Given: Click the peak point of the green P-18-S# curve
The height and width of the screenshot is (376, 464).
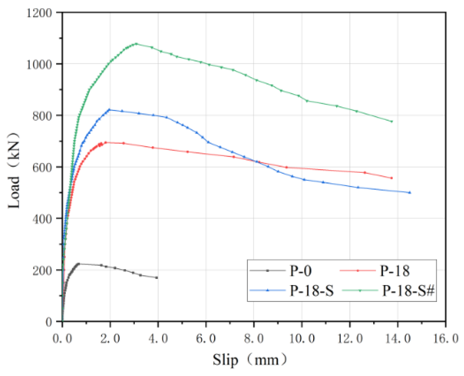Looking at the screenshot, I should coord(136,44).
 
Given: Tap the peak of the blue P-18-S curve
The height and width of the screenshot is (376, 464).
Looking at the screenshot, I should coord(109,110).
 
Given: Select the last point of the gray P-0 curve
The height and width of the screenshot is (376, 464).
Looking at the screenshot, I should coord(157,278).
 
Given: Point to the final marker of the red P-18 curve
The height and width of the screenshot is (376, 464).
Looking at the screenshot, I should coord(391,178).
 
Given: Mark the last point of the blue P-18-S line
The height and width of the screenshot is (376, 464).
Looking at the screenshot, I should coord(410,192).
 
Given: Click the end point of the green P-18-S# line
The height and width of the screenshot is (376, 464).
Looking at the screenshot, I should coord(391,121).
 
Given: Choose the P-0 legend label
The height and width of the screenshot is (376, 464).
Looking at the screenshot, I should coord(300,271).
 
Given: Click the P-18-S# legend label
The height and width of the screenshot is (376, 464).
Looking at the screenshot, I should coord(408,291).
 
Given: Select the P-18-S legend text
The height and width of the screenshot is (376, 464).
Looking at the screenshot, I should coord(311,291).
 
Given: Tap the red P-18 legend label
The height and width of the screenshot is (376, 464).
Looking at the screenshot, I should coord(395,271).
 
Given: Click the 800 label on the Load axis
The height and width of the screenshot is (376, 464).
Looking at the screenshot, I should coord(42,116).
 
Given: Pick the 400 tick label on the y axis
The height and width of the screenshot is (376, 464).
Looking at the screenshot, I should coord(42,219).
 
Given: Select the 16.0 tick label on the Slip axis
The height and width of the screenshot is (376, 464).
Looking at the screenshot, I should coord(446,339).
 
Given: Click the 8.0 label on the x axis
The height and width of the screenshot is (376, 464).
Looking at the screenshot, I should coord(254,339).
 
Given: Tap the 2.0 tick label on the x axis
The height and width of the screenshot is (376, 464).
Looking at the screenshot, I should coord(110,339).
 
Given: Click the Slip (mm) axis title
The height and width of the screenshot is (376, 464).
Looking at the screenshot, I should coord(250,360).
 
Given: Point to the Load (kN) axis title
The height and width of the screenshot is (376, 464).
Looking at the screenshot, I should coord(14,171).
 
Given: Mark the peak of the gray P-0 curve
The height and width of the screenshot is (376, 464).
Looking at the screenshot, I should coord(78,264).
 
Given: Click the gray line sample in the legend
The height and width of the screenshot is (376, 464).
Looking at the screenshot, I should coord(268,271).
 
